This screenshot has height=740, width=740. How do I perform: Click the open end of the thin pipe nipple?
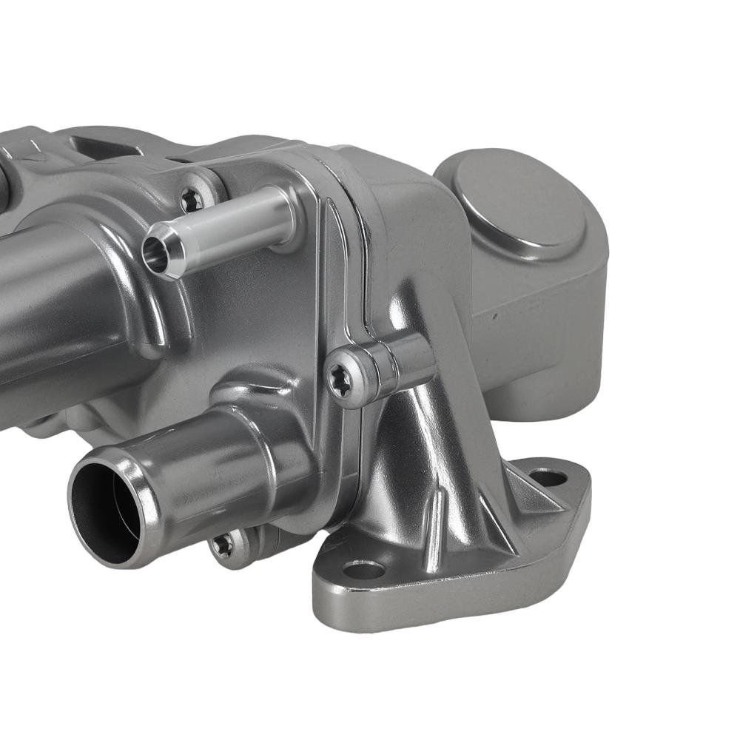click(x=158, y=252)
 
